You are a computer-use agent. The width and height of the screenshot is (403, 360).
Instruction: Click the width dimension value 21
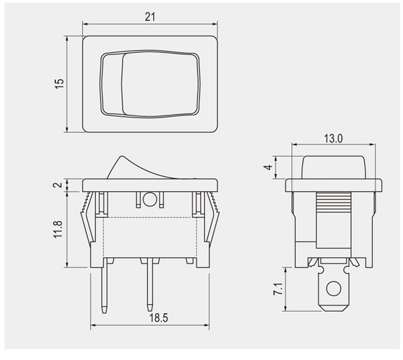tap(150, 17)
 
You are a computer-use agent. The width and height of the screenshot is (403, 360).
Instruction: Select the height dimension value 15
tap(59, 83)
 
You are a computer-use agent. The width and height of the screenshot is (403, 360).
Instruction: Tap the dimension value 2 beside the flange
tap(58, 185)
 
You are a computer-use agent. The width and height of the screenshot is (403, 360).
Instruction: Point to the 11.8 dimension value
tap(58, 230)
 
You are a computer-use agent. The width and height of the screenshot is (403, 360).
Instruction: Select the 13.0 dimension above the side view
tap(333, 139)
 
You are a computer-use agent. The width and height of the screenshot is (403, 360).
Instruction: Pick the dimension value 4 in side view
tap(269, 168)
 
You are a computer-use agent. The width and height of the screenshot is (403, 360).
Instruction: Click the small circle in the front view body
tap(150, 199)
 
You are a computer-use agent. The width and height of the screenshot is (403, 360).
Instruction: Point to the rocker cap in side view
tap(333, 167)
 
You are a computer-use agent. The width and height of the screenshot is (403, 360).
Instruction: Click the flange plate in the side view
tap(333, 185)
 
